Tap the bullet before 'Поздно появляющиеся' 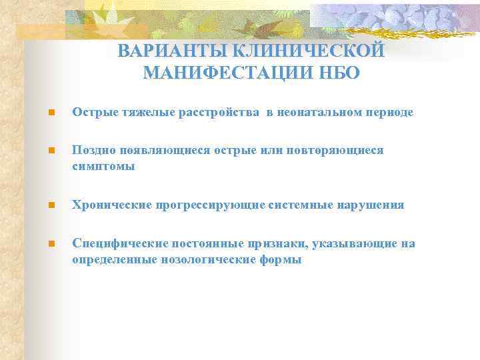point(42,151)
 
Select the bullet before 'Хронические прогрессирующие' point(42,205)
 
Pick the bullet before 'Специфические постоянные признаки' point(42,244)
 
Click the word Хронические point(111,205)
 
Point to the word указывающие point(364,244)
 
